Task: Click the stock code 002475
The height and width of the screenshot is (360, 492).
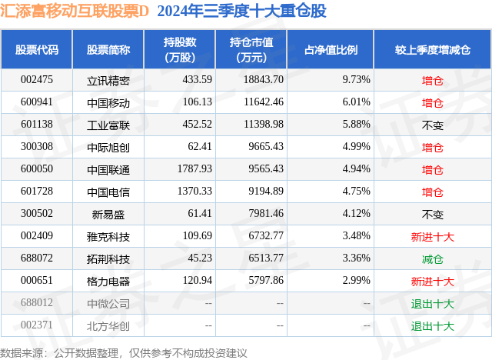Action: [x=37, y=79]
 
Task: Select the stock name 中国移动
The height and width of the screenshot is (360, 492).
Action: [x=108, y=102]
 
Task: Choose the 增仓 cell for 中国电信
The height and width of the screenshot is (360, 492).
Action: [x=433, y=192]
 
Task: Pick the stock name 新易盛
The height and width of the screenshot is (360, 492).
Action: [x=108, y=214]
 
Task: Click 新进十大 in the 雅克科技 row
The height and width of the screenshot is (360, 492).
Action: [x=433, y=236]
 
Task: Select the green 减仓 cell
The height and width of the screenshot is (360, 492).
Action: [x=433, y=258]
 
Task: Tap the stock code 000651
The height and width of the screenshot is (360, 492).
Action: [x=37, y=281]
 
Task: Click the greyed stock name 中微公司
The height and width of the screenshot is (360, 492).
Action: [x=108, y=303]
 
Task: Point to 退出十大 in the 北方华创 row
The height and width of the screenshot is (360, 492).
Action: [x=433, y=325]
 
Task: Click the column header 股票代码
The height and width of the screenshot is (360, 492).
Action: [x=37, y=49]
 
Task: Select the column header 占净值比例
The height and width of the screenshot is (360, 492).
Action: [x=336, y=49]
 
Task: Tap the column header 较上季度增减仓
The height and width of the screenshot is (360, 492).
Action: [x=433, y=49]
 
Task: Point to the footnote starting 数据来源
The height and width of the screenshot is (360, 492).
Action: [x=124, y=352]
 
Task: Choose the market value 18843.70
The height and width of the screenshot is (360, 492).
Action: [x=264, y=79]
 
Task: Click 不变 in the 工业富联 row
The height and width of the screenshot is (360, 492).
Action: [x=433, y=125]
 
